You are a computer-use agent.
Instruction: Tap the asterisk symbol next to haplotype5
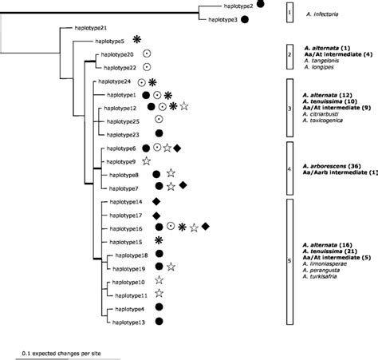137,39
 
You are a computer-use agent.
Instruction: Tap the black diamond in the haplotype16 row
206,227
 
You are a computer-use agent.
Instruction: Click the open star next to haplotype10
159,280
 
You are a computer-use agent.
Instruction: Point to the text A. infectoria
321,14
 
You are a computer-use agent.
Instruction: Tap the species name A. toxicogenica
322,124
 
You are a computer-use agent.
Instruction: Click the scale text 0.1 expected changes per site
68,352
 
